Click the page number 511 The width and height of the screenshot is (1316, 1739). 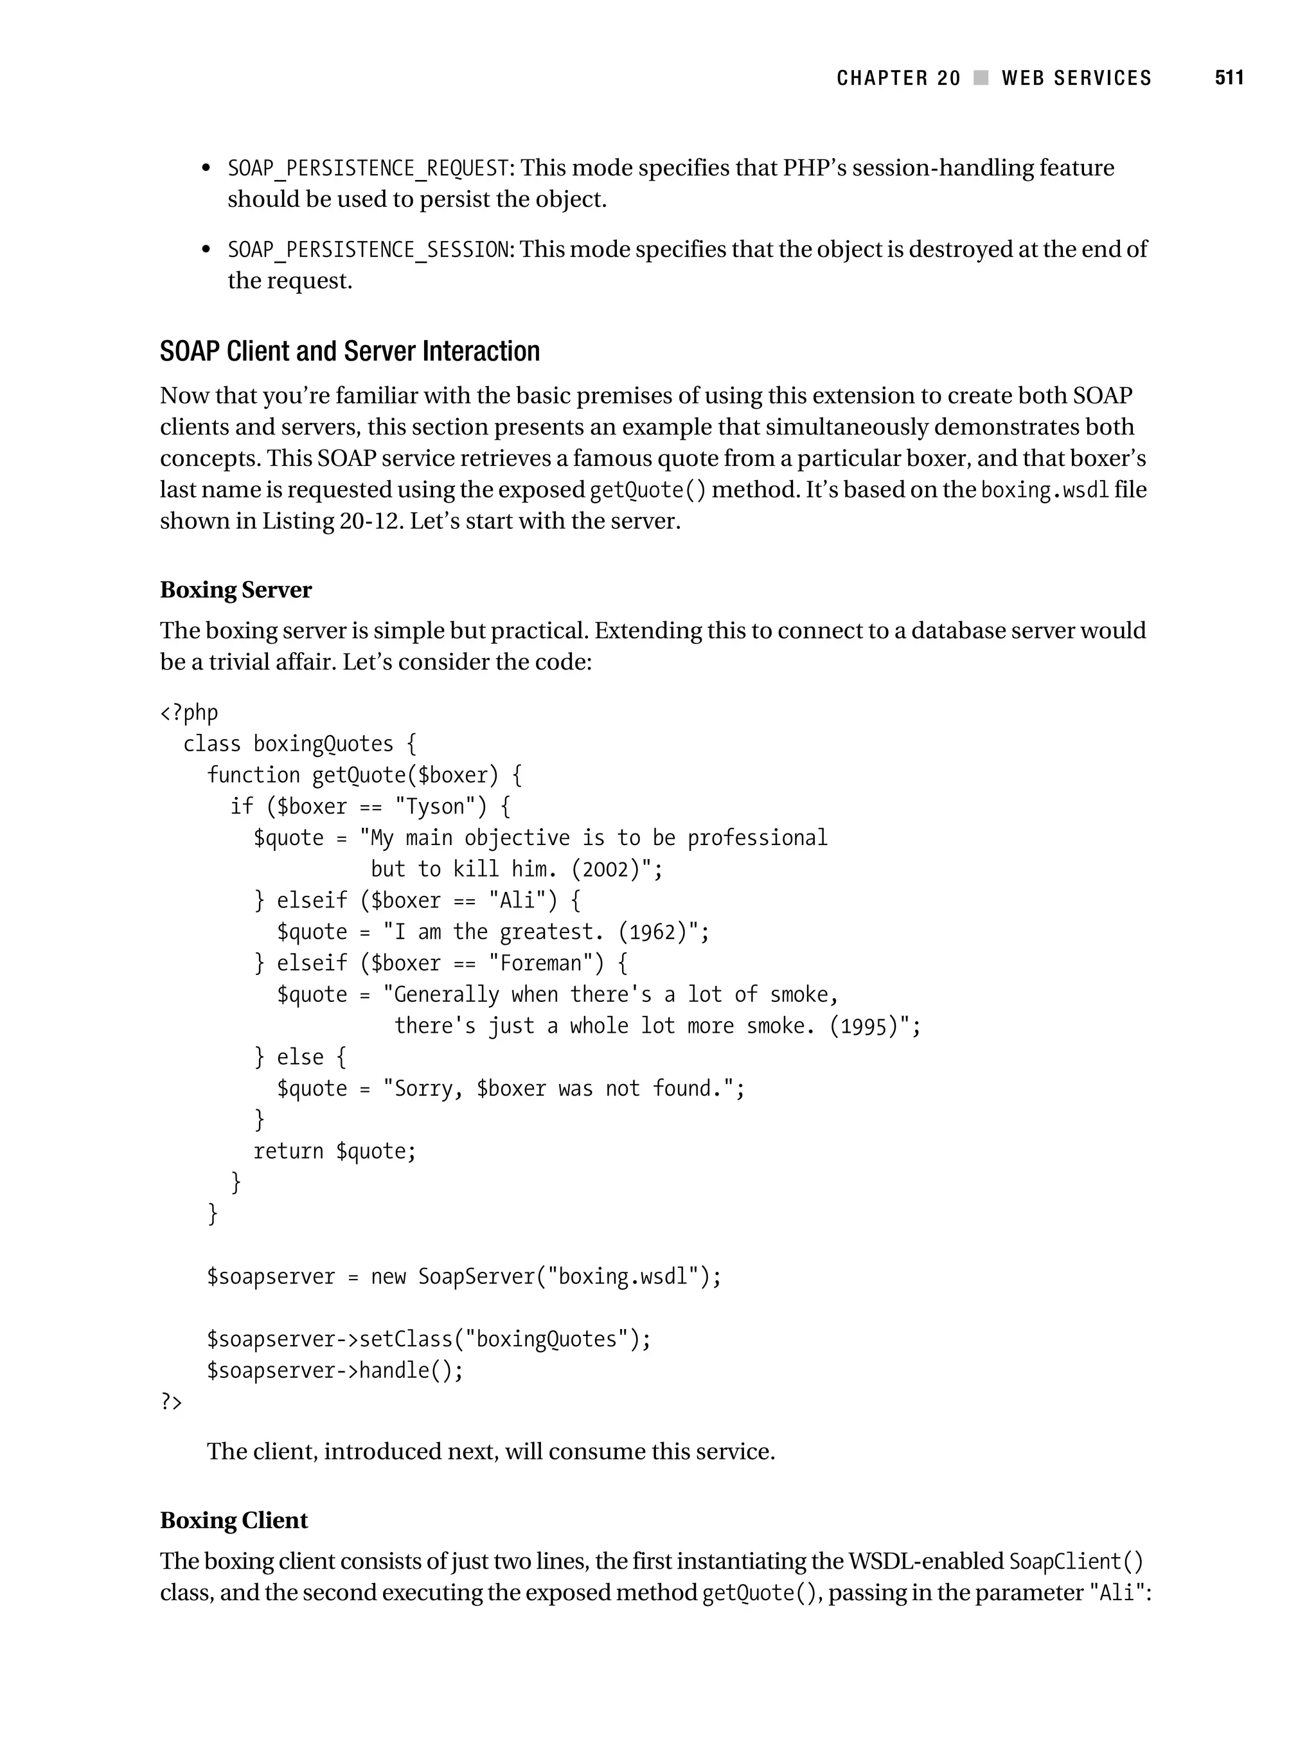[x=1229, y=78]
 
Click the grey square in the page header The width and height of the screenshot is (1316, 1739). [x=981, y=78]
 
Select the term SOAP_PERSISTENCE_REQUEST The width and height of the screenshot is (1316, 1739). [x=368, y=168]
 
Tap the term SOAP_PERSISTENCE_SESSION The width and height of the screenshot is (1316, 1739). [x=368, y=250]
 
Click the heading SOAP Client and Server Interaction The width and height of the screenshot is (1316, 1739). [x=350, y=352]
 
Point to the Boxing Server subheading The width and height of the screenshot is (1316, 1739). [x=236, y=591]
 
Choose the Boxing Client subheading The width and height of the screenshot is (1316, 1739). [x=233, y=1521]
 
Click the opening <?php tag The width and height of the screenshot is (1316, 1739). [x=189, y=713]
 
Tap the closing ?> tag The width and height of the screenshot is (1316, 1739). [x=170, y=1402]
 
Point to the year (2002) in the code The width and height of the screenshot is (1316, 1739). [x=606, y=870]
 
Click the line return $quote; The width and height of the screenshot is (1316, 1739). [x=334, y=1152]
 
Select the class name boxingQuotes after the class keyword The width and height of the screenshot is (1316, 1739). [x=323, y=744]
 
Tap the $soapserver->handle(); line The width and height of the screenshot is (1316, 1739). [x=335, y=1371]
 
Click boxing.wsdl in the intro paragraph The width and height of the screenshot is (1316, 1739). [x=1045, y=490]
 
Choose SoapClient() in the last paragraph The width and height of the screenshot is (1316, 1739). [x=1076, y=1562]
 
